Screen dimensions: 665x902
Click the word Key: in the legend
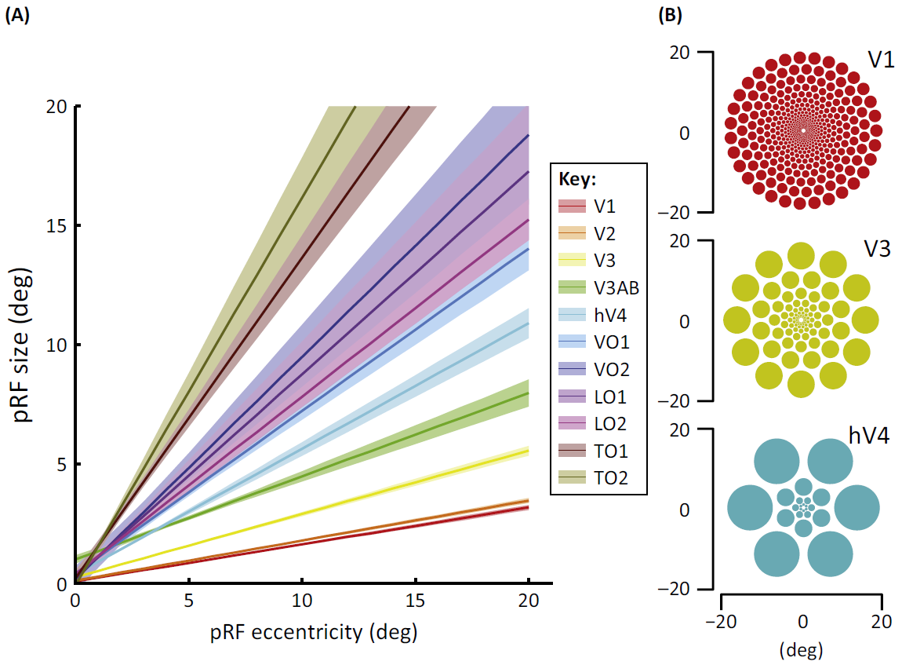tap(578, 179)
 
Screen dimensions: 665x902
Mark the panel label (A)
tap(17, 14)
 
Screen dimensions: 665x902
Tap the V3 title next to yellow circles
tap(881, 250)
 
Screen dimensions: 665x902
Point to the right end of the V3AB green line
tap(529, 393)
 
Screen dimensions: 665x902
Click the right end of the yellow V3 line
tap(529, 451)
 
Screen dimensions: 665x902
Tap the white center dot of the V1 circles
tap(802, 130)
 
